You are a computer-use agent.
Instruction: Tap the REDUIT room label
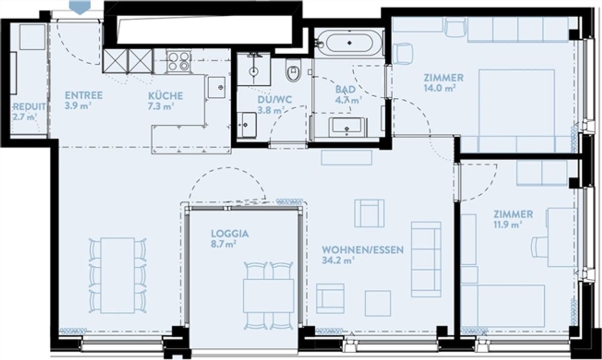[x=30, y=107]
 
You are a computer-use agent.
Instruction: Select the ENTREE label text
[x=84, y=95]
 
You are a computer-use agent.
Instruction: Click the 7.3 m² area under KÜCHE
[x=160, y=107]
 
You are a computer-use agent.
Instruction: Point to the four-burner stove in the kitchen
[x=179, y=61]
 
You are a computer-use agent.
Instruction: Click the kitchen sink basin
[x=217, y=88]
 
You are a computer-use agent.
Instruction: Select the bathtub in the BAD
[x=349, y=43]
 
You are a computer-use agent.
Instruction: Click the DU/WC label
[x=275, y=100]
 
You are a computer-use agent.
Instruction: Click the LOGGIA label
[x=230, y=234]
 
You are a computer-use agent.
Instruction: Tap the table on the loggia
[x=268, y=296]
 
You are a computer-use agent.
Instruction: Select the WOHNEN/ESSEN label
[x=363, y=250]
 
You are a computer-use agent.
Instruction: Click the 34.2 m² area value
[x=338, y=260]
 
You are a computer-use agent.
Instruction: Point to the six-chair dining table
[x=118, y=275]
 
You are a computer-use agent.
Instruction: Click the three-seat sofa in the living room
[x=426, y=260]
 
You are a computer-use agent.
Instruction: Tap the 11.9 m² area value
[x=507, y=225]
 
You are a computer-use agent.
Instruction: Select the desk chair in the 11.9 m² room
[x=540, y=247]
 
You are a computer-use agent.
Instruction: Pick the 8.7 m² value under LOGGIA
[x=224, y=245]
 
